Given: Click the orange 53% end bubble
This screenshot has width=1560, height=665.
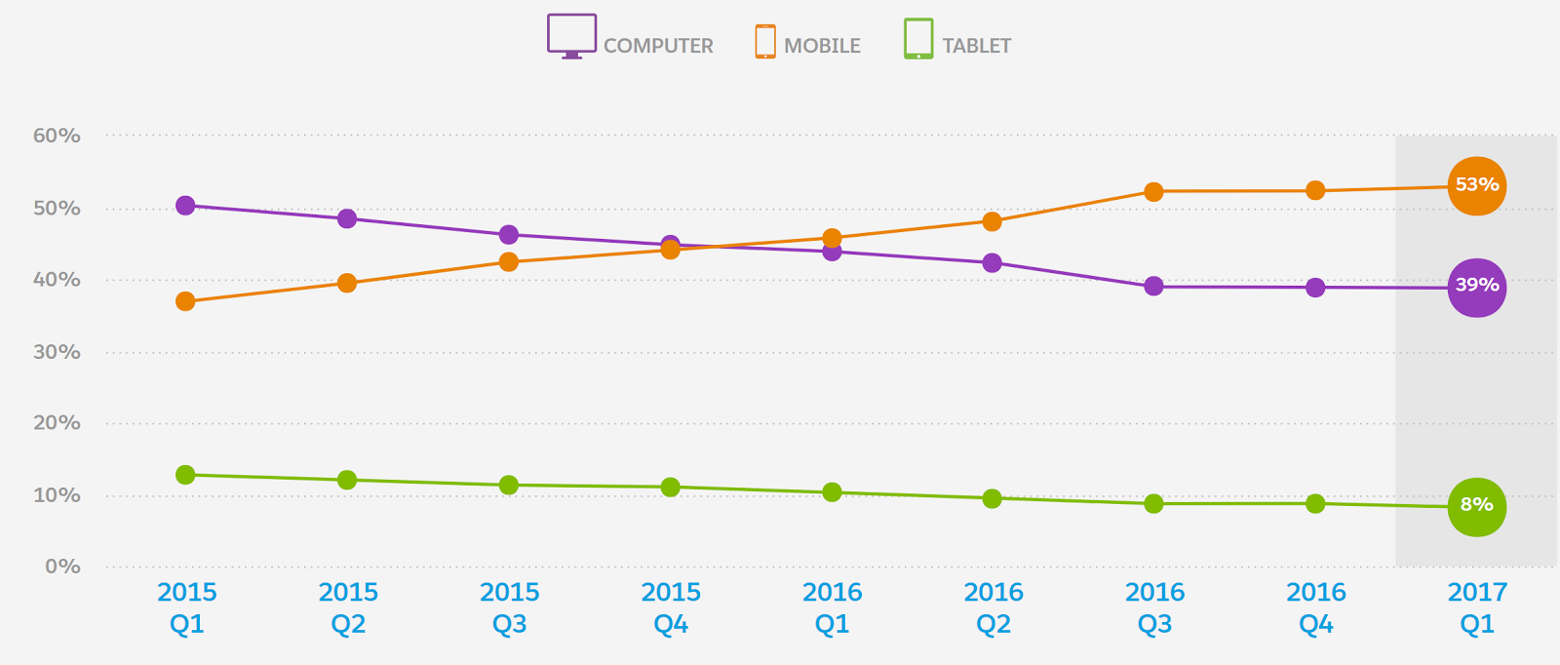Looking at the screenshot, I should (x=1476, y=185).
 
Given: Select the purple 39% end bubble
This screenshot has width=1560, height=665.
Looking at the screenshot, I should (x=1476, y=287).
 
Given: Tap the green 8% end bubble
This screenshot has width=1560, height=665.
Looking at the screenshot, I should (x=1476, y=506).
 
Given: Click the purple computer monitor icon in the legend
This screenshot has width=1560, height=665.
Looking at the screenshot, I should (x=571, y=36).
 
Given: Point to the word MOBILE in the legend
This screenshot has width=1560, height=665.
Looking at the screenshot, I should (x=822, y=46).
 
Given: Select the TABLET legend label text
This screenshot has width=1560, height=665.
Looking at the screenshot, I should (x=976, y=46).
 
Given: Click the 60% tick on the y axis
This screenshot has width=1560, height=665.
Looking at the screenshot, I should (x=57, y=136).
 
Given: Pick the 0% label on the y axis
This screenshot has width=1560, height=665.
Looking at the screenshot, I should (x=62, y=567).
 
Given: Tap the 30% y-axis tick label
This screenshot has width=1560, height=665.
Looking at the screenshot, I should (x=57, y=352).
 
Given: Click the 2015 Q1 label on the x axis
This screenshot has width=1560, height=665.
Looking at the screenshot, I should (x=187, y=607).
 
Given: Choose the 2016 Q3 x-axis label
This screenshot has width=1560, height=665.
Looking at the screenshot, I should (x=1154, y=607).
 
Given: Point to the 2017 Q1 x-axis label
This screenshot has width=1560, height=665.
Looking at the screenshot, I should (x=1477, y=607).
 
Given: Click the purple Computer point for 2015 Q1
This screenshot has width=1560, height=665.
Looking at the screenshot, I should (x=185, y=205).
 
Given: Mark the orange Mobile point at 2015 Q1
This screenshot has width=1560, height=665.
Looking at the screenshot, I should (x=185, y=301).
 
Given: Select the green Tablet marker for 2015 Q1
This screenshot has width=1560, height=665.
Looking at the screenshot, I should (x=185, y=475).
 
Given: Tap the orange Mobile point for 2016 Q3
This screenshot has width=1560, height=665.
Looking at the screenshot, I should (x=1153, y=191).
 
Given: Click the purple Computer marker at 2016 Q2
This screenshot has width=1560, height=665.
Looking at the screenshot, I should (x=992, y=262).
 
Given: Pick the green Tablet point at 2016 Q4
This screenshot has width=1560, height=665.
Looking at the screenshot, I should (x=1315, y=503).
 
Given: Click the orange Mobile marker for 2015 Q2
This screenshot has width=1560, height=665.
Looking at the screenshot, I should (x=346, y=283).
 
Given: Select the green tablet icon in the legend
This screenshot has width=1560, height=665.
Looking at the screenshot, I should (x=918, y=39).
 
